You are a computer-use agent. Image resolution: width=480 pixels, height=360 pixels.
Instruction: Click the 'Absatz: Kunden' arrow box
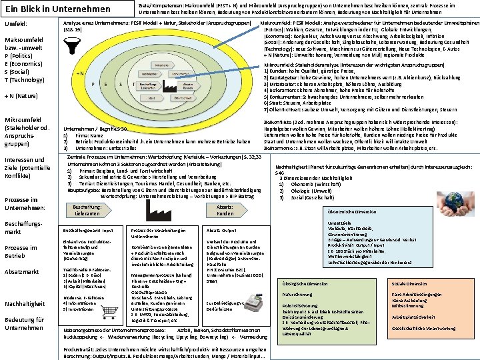225,210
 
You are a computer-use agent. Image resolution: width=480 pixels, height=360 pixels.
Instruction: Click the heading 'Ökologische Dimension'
306,283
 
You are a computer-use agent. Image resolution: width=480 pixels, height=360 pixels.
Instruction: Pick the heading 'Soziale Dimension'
413,283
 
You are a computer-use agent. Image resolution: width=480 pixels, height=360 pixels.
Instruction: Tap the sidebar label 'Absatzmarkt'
23,271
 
